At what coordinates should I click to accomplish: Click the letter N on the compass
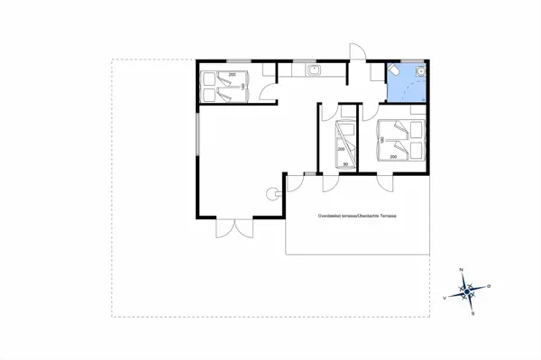462,270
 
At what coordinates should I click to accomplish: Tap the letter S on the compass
474,313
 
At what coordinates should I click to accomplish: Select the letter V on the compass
445,296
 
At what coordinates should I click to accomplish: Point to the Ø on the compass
489,285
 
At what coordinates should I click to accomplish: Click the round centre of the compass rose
468,291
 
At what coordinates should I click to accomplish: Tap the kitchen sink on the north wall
313,69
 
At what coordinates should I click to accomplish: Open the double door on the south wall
226,226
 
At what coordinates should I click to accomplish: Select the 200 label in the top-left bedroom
231,73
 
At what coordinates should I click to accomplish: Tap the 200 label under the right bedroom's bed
394,156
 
